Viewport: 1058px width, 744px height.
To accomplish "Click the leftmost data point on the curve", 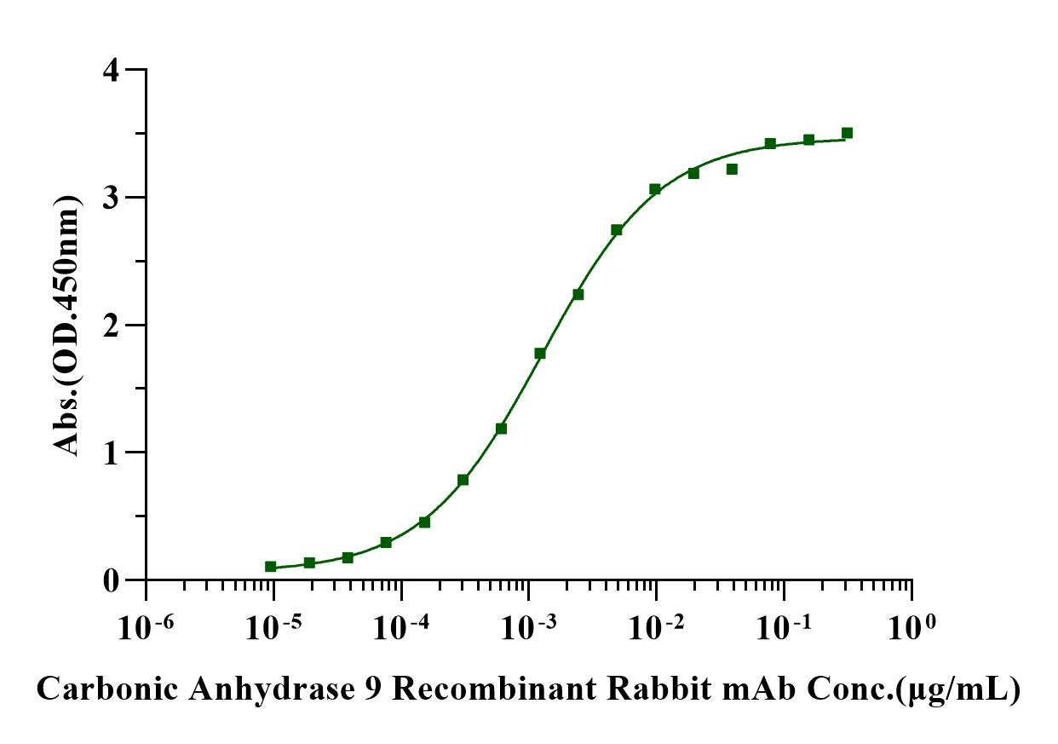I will [271, 566].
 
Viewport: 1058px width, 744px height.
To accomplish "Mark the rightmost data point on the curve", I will [847, 133].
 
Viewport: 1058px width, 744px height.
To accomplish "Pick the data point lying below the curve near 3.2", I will [732, 169].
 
